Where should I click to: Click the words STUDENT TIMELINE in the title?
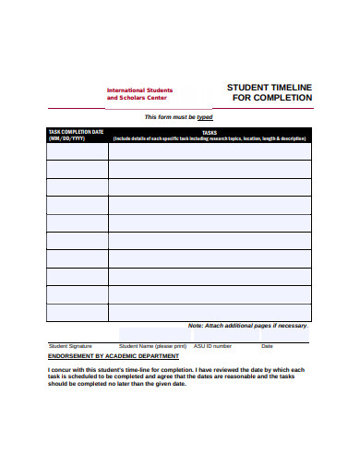tap(270, 87)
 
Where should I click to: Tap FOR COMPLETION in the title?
tap(271, 98)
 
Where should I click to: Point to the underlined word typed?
tap(205, 118)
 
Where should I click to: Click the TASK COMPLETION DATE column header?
tap(76, 132)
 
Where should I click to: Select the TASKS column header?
tap(209, 132)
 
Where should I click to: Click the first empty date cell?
tap(77, 150)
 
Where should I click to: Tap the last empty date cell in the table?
tap(77, 312)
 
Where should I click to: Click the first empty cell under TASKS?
tap(210, 150)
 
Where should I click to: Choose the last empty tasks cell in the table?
tap(210, 312)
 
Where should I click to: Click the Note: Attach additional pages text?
tap(246, 326)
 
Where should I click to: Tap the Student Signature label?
tap(70, 346)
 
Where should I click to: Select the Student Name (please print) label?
tap(152, 346)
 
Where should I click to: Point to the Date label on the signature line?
tap(268, 346)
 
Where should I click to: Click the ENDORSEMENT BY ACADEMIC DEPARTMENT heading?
tap(114, 355)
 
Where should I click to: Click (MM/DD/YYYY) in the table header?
tap(66, 138)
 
